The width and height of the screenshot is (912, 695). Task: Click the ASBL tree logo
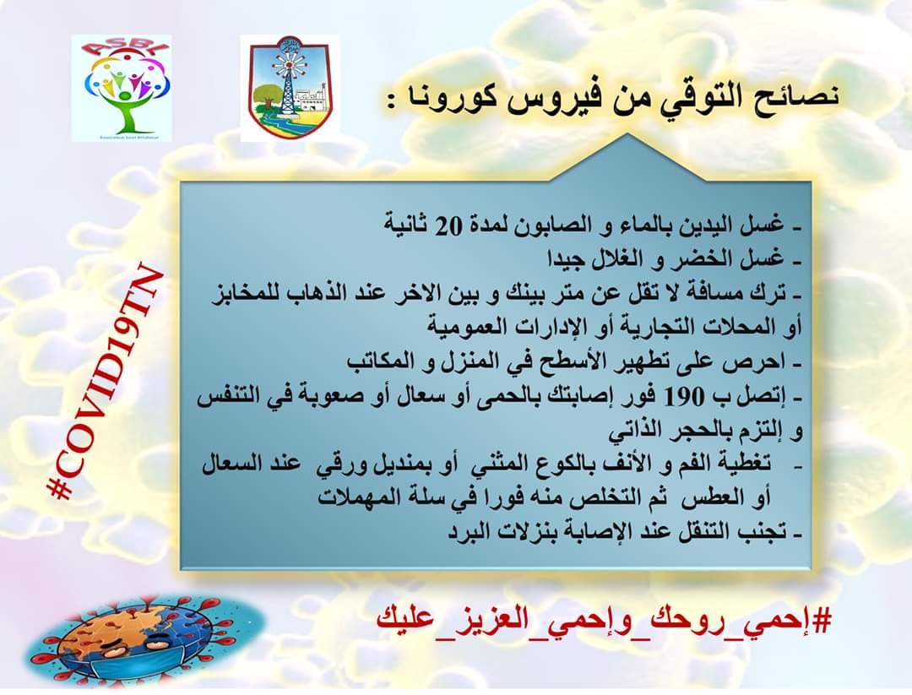click(x=122, y=88)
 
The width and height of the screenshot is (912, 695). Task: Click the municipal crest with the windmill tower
click(x=290, y=88)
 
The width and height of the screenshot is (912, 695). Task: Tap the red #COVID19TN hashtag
click(x=106, y=383)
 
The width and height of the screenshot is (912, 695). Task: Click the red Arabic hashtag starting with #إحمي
click(x=603, y=622)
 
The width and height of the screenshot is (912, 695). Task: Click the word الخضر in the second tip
click(x=698, y=259)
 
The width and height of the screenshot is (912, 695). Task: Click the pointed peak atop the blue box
click(x=627, y=133)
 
